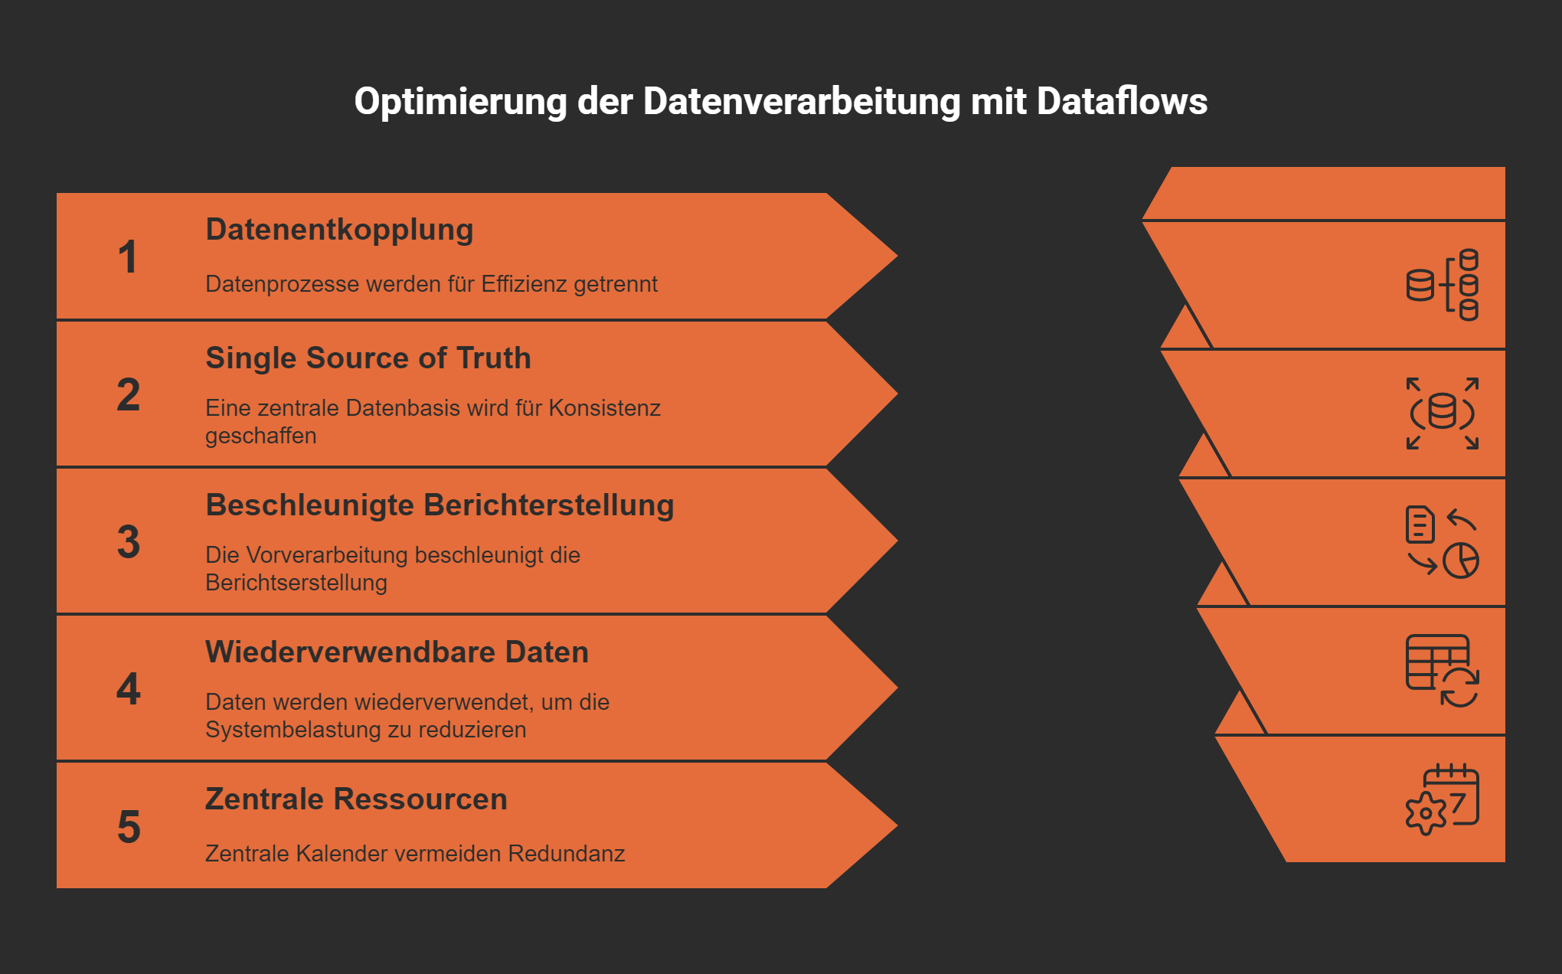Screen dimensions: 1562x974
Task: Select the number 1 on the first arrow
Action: pyautogui.click(x=128, y=257)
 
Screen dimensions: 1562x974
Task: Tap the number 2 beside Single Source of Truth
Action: pyautogui.click(x=128, y=395)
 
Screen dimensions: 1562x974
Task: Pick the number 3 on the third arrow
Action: pyautogui.click(x=128, y=542)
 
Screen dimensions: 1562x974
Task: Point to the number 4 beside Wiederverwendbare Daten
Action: pyautogui.click(x=128, y=689)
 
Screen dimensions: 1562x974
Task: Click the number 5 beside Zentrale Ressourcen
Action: pyautogui.click(x=128, y=828)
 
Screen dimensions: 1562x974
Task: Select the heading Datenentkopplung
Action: pyautogui.click(x=339, y=230)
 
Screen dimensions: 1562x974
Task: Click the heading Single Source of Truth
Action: pyautogui.click(x=368, y=358)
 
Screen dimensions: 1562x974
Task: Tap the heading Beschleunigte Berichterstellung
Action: pyautogui.click(x=440, y=505)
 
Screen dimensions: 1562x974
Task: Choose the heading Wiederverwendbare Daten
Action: pyautogui.click(x=397, y=652)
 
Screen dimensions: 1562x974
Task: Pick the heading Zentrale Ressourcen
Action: pyautogui.click(x=356, y=799)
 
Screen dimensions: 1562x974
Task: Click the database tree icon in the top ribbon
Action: pyautogui.click(x=1443, y=285)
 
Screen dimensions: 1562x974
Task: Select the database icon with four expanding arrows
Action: pyautogui.click(x=1443, y=413)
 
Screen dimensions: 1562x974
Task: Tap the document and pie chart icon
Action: pyautogui.click(x=1443, y=542)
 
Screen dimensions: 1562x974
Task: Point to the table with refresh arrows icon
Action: pyautogui.click(x=1443, y=671)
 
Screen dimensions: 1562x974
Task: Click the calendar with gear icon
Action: pyautogui.click(x=1443, y=799)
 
